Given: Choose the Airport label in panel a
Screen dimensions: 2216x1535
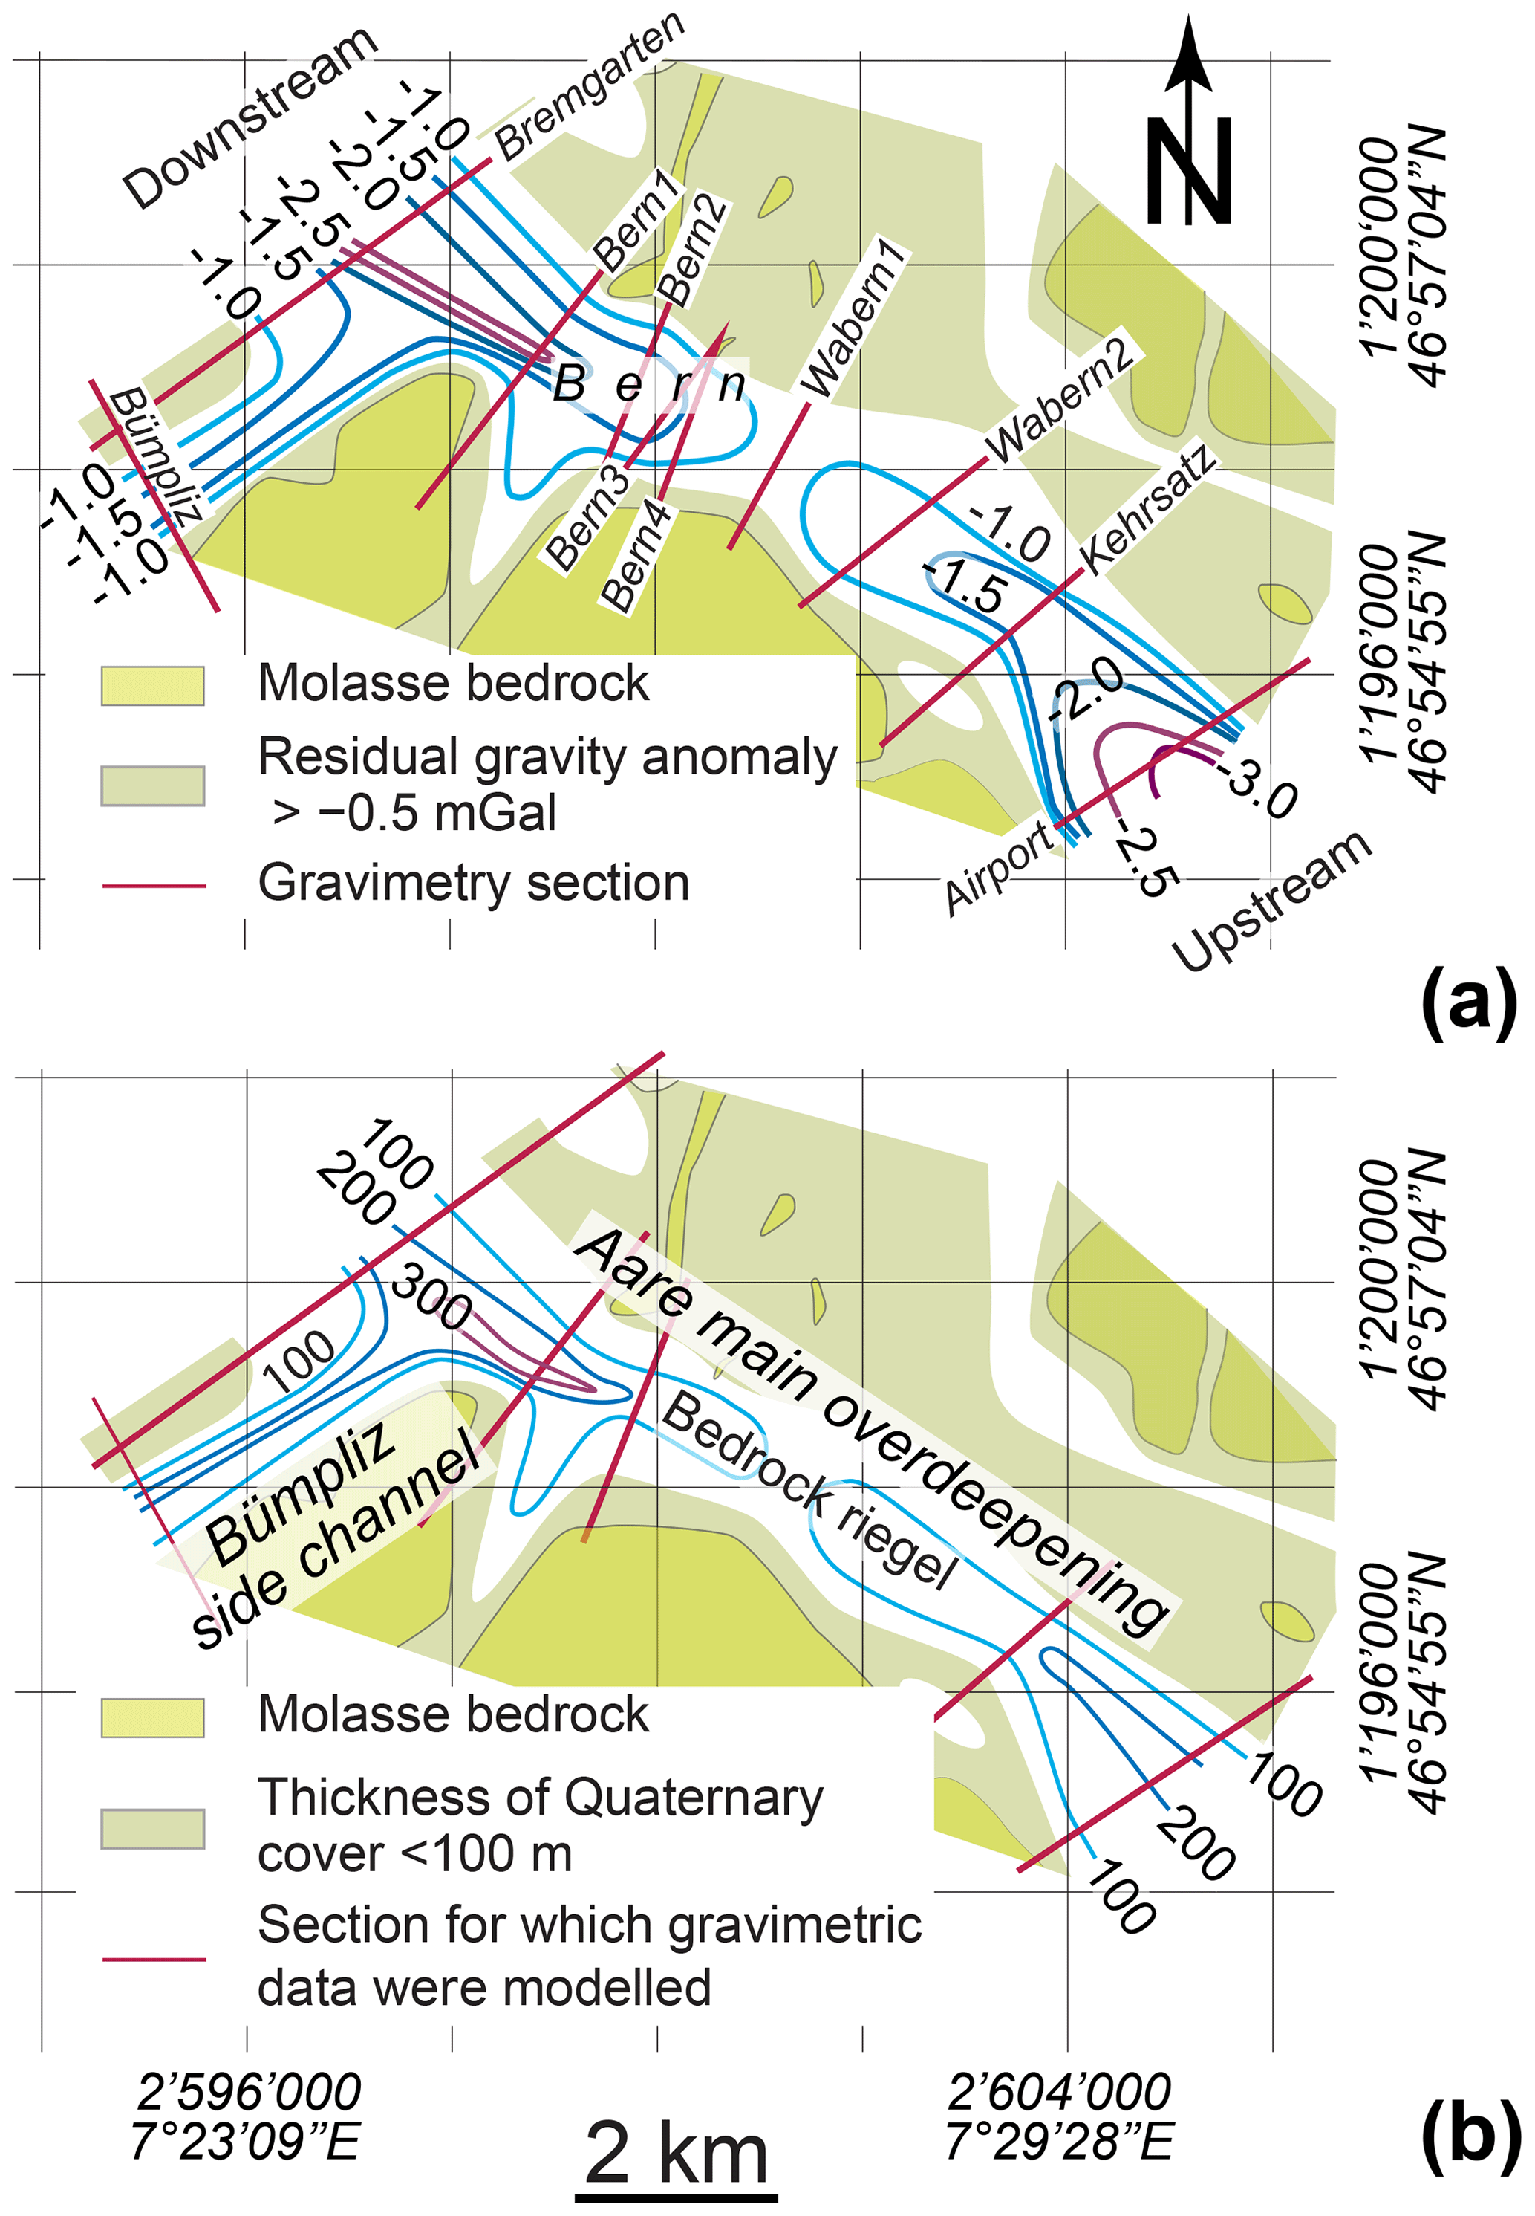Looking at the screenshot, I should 998,868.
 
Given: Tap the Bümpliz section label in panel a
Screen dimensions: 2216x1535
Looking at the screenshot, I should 156,455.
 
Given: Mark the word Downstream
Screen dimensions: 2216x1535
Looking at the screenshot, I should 250,117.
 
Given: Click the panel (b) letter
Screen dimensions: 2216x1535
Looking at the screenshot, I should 1470,2131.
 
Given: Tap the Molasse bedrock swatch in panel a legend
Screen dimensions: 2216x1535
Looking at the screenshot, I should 153,685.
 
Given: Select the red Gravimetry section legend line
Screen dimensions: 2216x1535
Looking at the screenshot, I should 153,885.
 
